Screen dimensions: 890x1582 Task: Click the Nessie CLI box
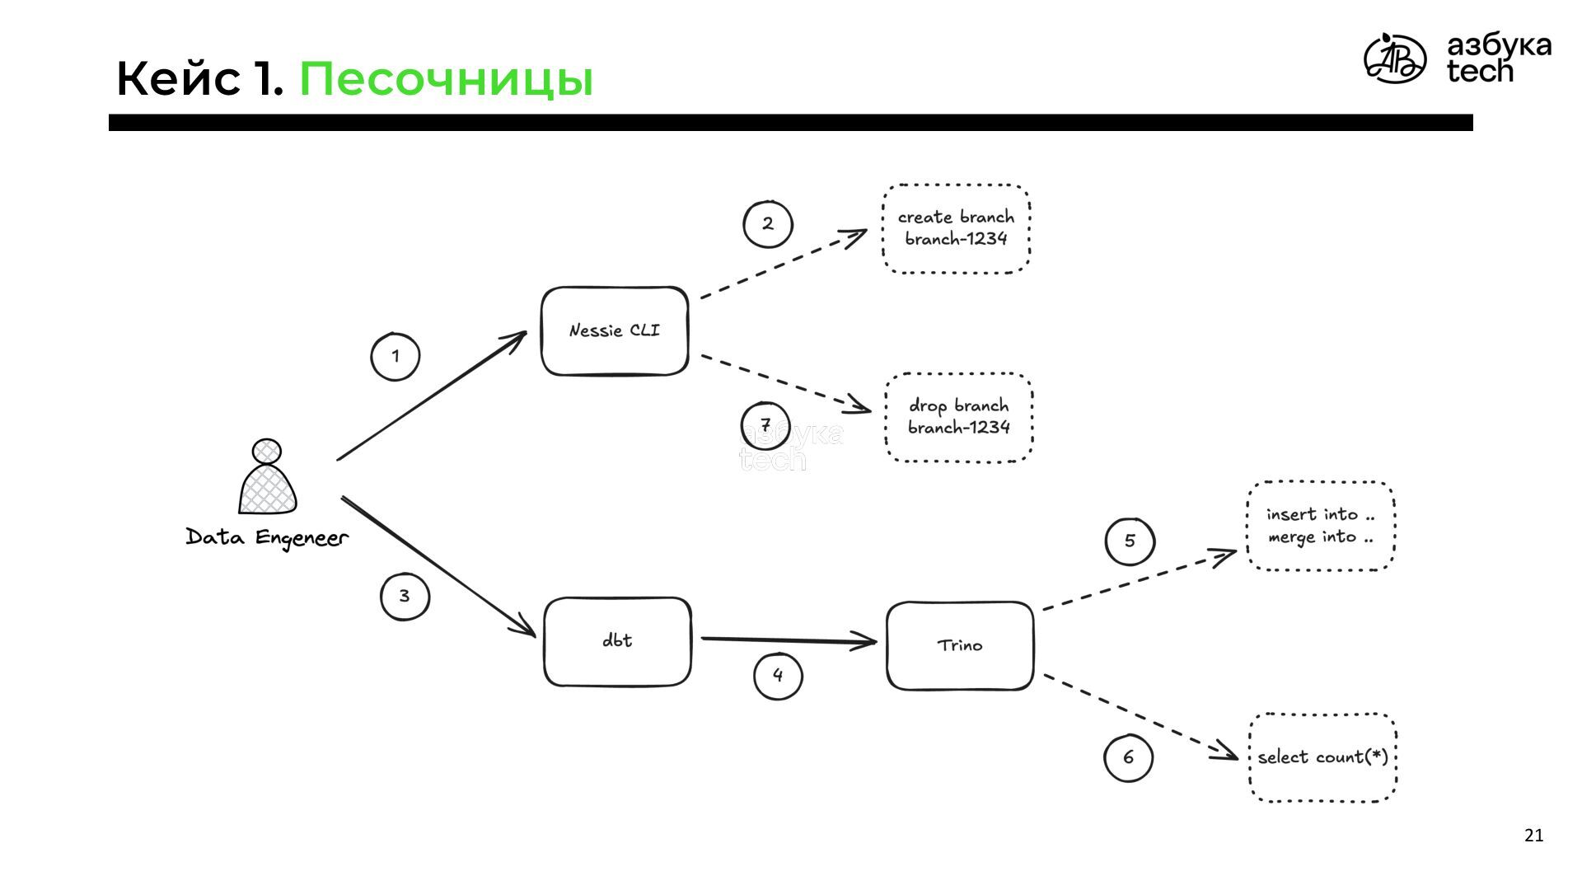615,330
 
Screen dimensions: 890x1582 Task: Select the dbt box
617,641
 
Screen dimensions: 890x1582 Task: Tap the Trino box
960,645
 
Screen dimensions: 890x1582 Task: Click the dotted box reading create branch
956,228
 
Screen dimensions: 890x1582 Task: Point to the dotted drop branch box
959,417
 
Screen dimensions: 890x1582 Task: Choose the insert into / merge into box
1321,526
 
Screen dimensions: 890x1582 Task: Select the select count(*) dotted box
1322,757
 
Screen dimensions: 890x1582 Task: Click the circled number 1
395,357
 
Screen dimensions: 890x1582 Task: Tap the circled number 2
768,223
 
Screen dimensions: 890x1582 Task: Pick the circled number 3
405,596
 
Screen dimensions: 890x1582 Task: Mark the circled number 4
778,676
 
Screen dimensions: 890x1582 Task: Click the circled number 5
1130,541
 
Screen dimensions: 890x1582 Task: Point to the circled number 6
1128,757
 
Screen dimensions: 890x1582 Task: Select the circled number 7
765,426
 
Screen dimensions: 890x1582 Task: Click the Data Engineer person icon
267,478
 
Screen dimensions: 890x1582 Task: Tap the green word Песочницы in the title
446,80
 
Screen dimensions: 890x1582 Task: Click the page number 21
1533,836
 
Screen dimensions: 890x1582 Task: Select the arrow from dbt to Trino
787,639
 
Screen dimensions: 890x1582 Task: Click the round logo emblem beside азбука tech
1394,59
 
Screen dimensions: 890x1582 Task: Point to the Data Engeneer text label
267,538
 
